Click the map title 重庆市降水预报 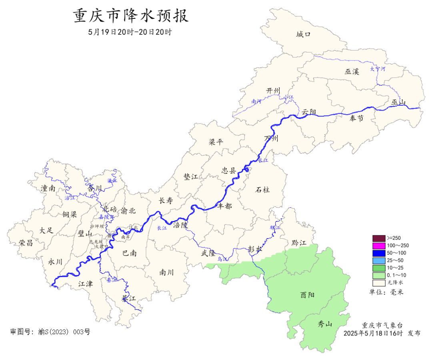130,16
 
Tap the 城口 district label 303,34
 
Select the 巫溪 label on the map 352,72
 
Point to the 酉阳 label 307,295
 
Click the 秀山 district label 325,324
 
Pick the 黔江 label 298,243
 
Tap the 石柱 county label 262,189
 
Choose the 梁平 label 216,142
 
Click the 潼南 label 48,188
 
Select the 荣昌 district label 26,243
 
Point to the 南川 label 166,273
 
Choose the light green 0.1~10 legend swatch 378,276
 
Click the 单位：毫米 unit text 386,292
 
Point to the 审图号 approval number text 50,332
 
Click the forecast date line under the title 130,32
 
